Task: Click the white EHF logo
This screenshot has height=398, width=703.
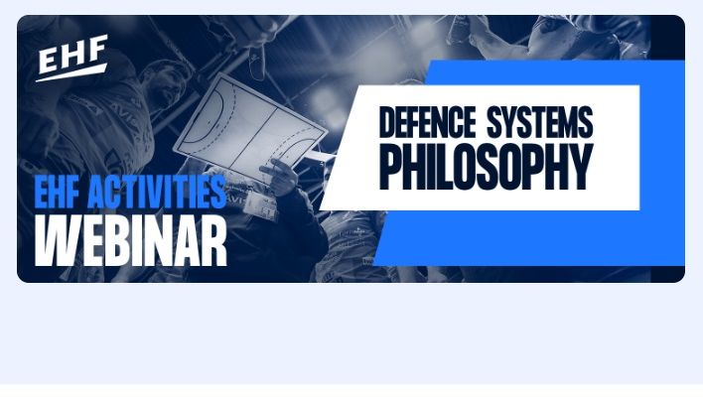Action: [71, 59]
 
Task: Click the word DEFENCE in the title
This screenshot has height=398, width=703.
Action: [427, 122]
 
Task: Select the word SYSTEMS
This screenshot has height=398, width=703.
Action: [540, 122]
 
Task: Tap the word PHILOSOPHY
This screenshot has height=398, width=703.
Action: [487, 167]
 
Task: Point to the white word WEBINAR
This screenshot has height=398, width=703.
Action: [130, 240]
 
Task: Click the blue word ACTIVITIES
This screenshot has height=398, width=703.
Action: [157, 192]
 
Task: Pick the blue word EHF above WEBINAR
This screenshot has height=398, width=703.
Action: [58, 192]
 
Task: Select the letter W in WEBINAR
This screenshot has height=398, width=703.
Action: [56, 241]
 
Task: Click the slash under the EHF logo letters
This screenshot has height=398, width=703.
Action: [71, 73]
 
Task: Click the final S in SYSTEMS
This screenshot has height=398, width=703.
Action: [586, 122]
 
